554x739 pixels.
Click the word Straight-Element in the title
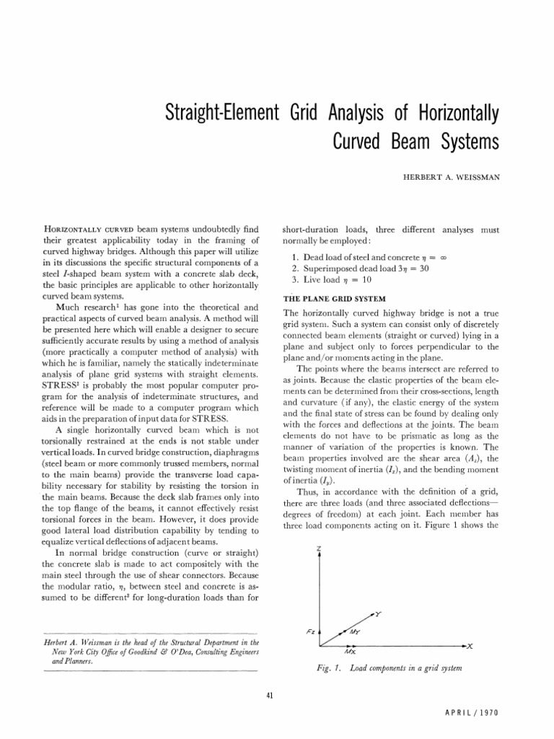(213, 113)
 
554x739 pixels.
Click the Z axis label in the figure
(318, 529)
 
